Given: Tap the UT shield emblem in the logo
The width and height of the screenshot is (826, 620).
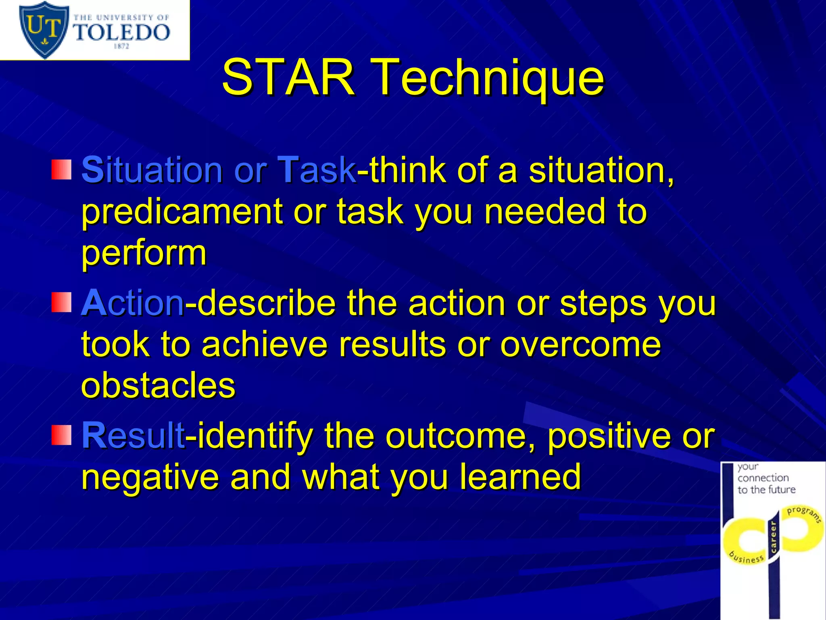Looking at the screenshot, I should (x=44, y=29).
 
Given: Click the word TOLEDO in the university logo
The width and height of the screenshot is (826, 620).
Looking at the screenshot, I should (x=121, y=32).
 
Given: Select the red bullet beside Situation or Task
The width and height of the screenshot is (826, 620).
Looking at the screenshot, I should (x=61, y=170).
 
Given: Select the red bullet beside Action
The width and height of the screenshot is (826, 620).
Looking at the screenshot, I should (x=61, y=303).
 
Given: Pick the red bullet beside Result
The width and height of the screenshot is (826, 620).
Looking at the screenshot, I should (x=61, y=435).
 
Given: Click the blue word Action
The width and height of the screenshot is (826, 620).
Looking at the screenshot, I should (x=133, y=303).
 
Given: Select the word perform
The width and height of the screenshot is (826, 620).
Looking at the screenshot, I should (x=144, y=253).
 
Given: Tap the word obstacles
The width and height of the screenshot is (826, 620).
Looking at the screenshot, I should (x=158, y=385).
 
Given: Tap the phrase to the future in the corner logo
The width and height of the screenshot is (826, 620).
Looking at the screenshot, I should (x=766, y=490).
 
